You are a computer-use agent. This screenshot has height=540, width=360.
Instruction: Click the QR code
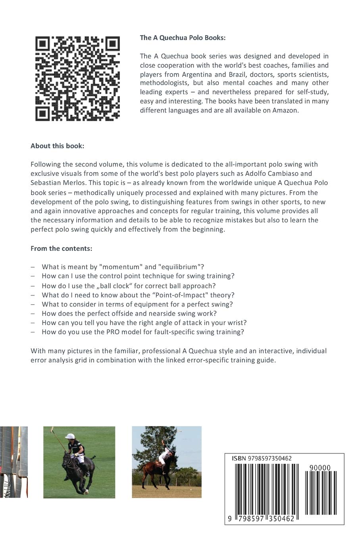[x=77, y=79]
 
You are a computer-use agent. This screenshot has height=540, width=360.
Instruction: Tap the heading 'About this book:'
[x=57, y=146]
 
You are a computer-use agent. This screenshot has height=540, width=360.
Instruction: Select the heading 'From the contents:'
[x=61, y=249]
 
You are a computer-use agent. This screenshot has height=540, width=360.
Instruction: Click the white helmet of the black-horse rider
[x=70, y=437]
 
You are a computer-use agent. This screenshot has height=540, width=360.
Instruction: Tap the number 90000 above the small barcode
[x=320, y=468]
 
